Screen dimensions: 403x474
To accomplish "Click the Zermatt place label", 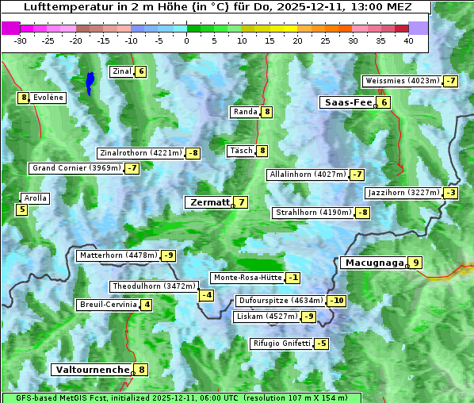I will click(x=210, y=203).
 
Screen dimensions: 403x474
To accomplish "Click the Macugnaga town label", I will click(x=373, y=263).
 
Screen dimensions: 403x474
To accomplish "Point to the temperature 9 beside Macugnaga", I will click(x=415, y=263).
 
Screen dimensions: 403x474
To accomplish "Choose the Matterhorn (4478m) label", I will click(x=118, y=255).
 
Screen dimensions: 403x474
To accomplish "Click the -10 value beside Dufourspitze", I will click(x=338, y=301).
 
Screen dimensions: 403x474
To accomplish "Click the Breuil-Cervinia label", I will click(x=108, y=305).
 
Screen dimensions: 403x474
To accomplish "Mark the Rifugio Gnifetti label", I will click(x=281, y=344).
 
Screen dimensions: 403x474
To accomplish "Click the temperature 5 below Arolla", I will click(x=21, y=210).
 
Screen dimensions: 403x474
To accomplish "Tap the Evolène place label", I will click(x=48, y=98).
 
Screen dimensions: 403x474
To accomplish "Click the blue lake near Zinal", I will click(x=90, y=82).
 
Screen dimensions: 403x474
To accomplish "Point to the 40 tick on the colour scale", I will click(x=409, y=40).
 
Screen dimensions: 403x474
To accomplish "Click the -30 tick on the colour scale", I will click(x=21, y=40).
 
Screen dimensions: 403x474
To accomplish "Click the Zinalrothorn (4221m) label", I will click(x=140, y=153).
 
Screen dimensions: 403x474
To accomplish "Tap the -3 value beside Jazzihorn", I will click(x=452, y=193).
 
